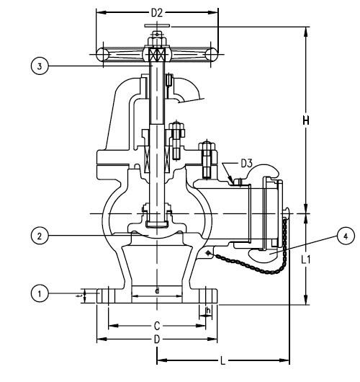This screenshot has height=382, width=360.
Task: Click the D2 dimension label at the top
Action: click(x=157, y=12)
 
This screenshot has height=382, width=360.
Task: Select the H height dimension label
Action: click(x=306, y=122)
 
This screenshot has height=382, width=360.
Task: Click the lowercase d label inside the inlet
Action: click(x=157, y=291)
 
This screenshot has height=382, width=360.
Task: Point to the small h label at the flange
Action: click(x=208, y=310)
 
